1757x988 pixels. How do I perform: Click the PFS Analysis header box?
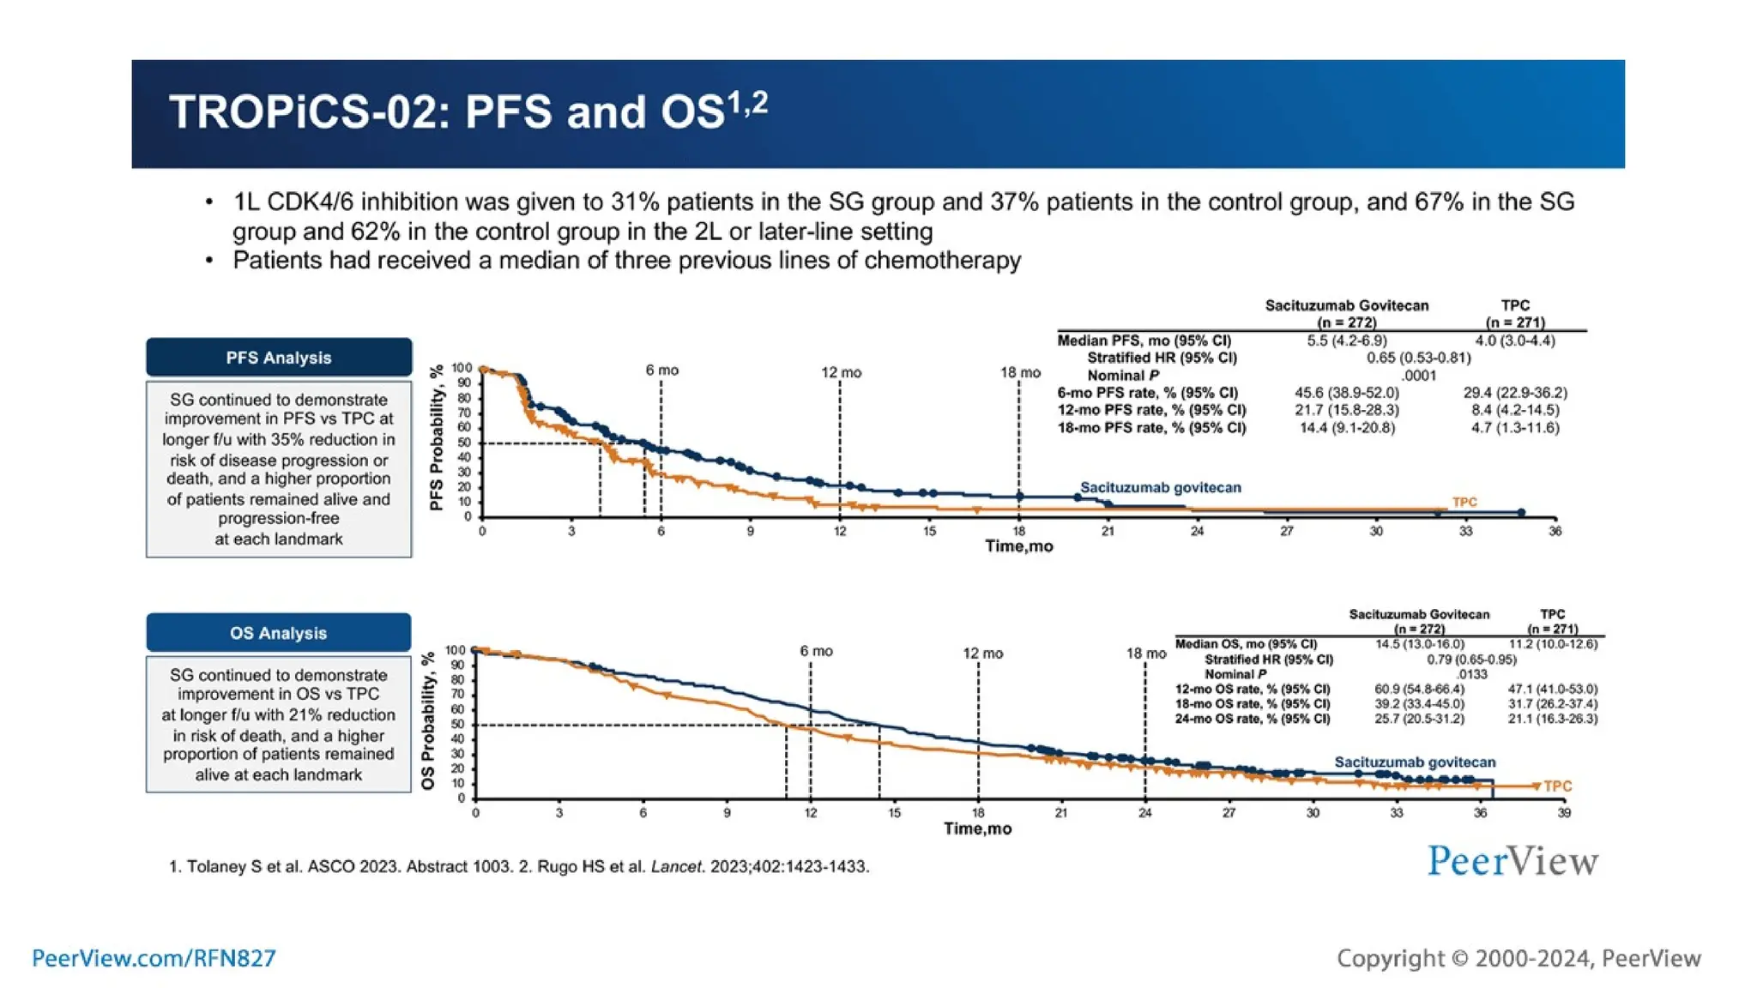tap(278, 358)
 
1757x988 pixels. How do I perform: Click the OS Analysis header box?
tap(278, 633)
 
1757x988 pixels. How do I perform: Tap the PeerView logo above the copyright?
tap(1512, 861)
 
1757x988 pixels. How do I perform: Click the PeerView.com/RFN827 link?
tap(154, 958)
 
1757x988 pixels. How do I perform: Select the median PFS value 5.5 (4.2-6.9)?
tap(1346, 340)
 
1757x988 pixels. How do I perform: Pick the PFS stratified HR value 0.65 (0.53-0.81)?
tap(1418, 358)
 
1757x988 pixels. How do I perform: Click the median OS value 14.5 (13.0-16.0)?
tap(1420, 644)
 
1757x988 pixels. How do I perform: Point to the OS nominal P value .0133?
tap(1471, 674)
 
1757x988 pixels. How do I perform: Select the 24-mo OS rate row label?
tap(1252, 719)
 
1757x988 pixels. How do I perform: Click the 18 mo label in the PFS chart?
tap(1020, 372)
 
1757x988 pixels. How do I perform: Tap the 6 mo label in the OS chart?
tap(816, 651)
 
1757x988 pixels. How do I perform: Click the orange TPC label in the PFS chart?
tap(1464, 502)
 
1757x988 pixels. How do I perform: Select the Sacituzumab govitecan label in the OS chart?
tap(1414, 762)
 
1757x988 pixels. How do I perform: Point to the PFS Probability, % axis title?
tap(437, 437)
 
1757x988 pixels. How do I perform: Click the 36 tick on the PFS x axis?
tap(1555, 532)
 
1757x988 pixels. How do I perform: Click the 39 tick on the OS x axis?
tap(1563, 812)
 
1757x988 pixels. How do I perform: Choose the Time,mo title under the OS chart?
tap(977, 828)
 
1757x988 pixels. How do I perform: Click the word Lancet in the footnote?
tap(676, 866)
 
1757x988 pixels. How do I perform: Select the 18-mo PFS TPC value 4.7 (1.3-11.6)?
tap(1515, 427)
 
